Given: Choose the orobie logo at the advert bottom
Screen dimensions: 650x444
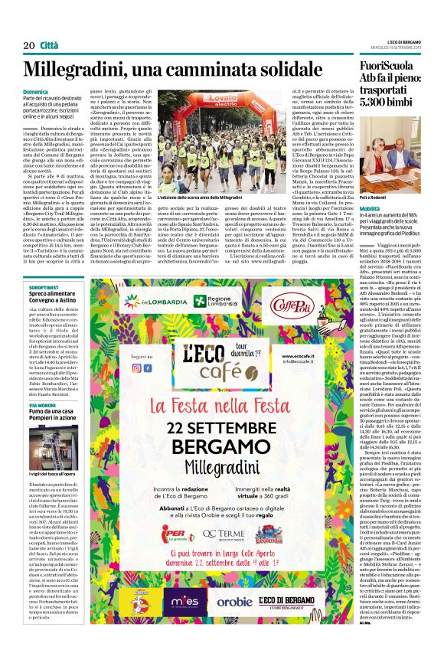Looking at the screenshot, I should click(x=234, y=602).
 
